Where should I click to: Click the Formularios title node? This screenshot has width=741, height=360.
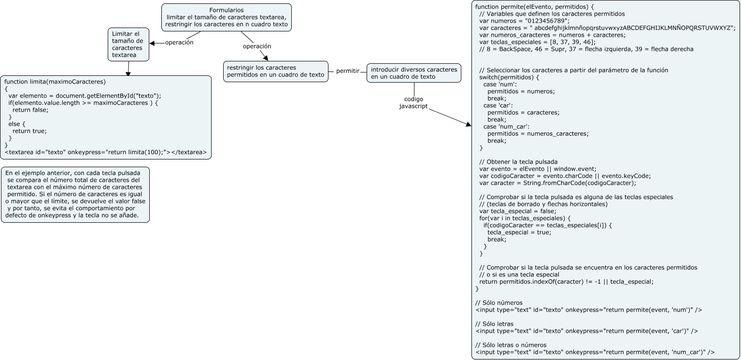point(226,17)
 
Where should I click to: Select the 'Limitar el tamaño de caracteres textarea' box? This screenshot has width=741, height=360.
point(128,44)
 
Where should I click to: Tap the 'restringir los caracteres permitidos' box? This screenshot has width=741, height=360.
point(275,72)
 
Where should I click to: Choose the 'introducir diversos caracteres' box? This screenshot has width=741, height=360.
point(413,73)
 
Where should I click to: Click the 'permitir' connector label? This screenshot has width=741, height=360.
point(347,71)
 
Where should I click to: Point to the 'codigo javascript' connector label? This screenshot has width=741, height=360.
point(413,102)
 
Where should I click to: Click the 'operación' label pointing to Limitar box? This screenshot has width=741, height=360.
point(179,43)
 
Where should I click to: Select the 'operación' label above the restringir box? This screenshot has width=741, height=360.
point(256,46)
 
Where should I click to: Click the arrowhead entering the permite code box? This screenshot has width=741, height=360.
point(468,125)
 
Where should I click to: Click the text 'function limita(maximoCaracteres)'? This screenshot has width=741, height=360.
point(55,82)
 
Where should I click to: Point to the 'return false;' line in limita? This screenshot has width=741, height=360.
point(30,110)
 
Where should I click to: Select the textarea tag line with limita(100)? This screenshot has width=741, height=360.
point(105,152)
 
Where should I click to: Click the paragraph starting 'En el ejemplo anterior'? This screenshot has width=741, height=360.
point(75,194)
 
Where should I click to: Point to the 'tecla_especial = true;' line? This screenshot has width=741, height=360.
point(519,232)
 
